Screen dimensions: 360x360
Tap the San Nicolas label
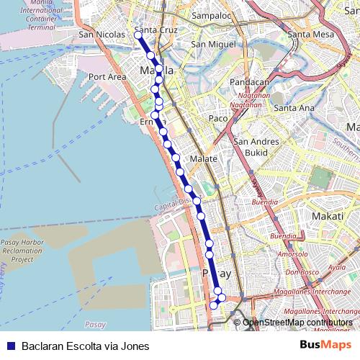pyautogui.click(x=97, y=34)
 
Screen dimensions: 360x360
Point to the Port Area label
pyautogui.click(x=107, y=76)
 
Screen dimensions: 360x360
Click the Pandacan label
pyautogui.click(x=248, y=82)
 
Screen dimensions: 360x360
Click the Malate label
pyautogui.click(x=199, y=158)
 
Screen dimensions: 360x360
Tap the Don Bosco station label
pyautogui.click(x=302, y=272)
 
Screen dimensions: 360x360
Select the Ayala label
pyautogui.click(x=336, y=267)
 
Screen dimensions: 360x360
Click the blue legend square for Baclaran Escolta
pyautogui.click(x=9, y=346)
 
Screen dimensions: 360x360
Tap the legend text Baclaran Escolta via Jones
pyautogui.click(x=85, y=346)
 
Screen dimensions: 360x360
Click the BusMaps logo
pyautogui.click(x=325, y=346)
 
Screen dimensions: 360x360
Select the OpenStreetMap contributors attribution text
pyautogui.click(x=297, y=323)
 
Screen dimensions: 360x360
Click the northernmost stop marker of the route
pyautogui.click(x=138, y=35)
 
